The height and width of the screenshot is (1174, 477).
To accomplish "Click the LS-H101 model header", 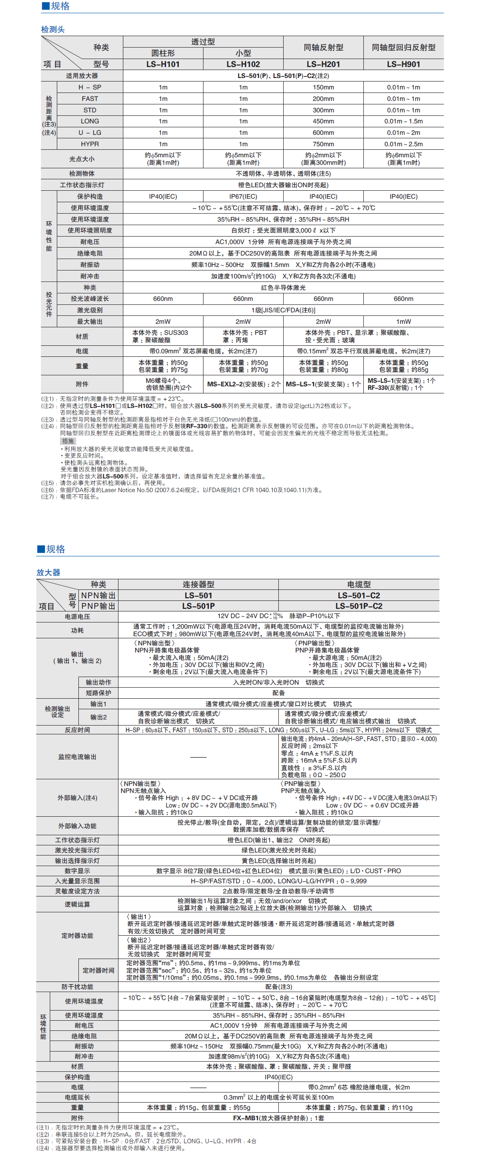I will point(163,64).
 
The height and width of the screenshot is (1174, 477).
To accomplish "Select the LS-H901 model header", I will point(403,64).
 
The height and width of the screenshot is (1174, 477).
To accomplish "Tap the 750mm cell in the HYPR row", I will point(323,144).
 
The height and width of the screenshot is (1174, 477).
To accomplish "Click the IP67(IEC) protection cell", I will point(243,196).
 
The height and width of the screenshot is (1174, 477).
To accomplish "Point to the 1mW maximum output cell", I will point(403,321).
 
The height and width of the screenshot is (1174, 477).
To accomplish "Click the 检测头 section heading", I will point(53,30).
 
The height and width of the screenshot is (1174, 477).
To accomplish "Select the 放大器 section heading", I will point(48,572).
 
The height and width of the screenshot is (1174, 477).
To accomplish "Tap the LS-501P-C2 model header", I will point(359,606).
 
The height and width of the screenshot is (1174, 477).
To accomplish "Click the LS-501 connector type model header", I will point(198,596).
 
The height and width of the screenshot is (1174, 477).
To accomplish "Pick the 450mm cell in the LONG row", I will point(323,121).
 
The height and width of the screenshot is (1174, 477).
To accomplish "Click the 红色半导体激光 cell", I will point(283,288).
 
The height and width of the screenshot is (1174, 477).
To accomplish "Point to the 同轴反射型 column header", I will point(323,48).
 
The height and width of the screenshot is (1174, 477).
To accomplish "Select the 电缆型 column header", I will point(359,584).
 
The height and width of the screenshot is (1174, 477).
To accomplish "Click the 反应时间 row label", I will point(77,730).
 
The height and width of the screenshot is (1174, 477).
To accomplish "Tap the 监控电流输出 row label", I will point(77,757).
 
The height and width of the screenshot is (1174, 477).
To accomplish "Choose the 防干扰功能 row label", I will point(77,987).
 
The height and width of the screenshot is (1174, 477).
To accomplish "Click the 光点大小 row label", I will point(81,159).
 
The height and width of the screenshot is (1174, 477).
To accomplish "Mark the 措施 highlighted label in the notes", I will point(67,441).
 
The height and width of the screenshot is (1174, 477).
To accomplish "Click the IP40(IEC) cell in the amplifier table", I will point(278,1077).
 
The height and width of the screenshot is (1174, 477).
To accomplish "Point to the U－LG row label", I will point(90,133).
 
